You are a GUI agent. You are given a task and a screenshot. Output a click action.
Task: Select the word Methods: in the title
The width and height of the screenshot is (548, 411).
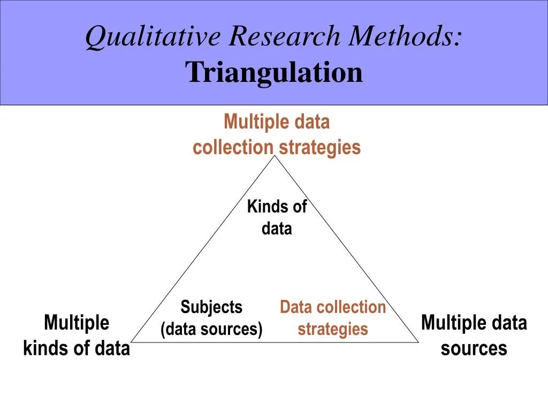point(406,36)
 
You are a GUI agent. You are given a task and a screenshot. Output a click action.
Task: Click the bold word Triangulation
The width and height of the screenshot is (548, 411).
point(274,72)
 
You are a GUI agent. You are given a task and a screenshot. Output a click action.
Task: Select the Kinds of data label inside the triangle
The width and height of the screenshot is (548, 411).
point(277,217)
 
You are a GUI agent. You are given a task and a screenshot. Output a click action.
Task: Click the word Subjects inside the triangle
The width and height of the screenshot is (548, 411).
point(211,307)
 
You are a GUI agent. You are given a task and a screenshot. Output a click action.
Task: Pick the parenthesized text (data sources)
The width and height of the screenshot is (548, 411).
point(211,329)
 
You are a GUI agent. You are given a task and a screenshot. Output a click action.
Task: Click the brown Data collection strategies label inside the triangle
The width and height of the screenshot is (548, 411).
point(332,318)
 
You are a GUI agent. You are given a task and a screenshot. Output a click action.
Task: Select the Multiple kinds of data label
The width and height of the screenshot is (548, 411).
point(77,336)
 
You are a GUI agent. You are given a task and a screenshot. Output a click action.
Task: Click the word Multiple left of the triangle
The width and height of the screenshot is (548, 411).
point(77,323)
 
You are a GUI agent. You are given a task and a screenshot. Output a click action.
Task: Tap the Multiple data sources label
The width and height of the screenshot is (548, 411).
point(474,336)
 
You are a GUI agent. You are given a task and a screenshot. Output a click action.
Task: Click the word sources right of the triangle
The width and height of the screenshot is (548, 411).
point(474,348)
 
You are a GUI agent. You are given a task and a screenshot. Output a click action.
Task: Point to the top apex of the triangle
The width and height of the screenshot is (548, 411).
point(275,156)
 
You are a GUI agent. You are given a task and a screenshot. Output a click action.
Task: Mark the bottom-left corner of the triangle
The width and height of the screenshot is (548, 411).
point(132,341)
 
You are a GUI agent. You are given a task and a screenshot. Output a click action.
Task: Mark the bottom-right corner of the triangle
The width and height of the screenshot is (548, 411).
point(418,341)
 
